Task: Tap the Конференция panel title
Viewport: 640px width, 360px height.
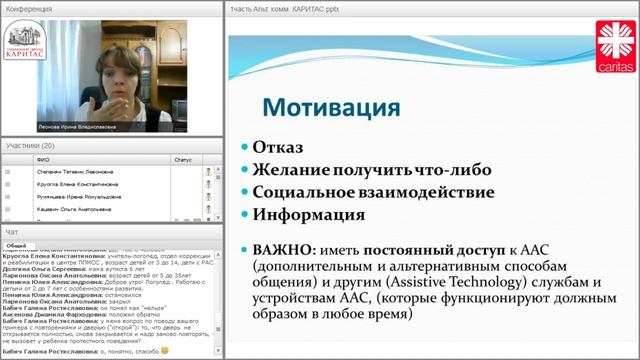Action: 27,7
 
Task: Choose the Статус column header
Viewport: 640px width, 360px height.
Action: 183,158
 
